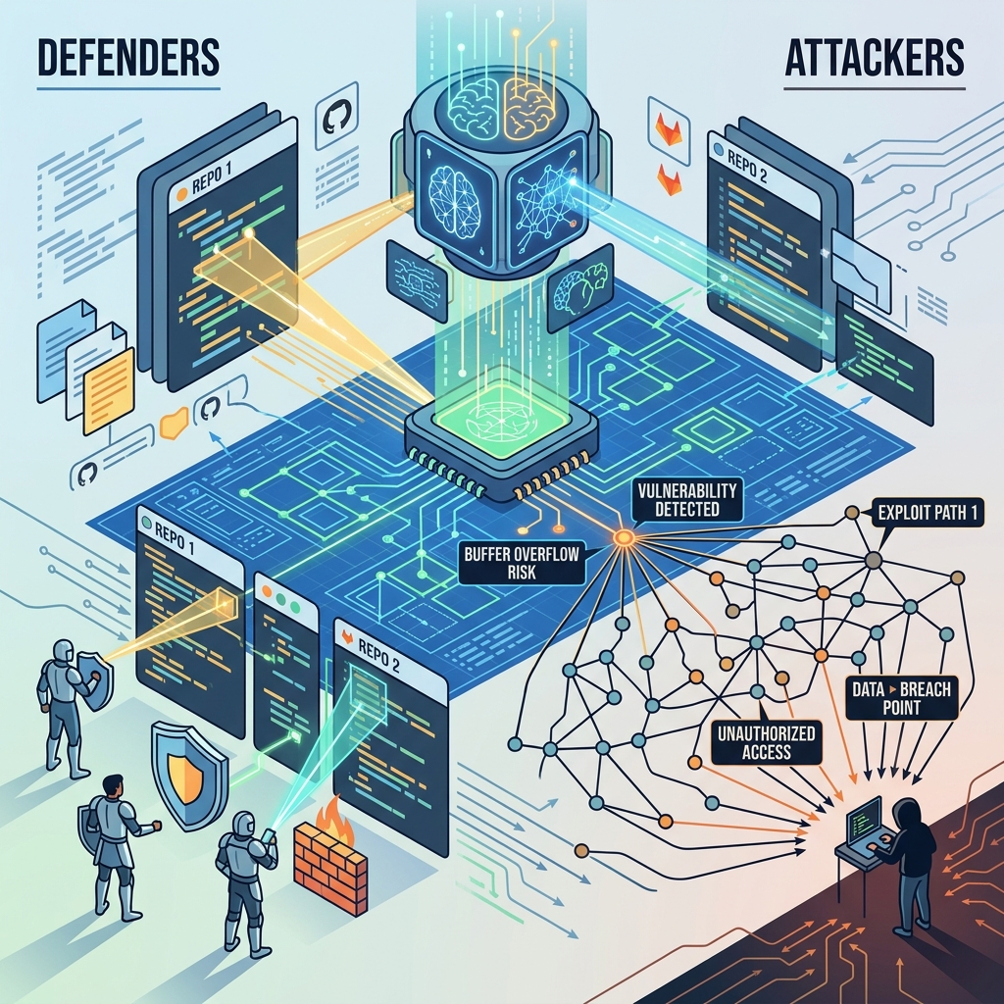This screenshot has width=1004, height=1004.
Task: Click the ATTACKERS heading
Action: [874, 57]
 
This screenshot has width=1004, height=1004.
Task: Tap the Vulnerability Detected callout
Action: [687, 500]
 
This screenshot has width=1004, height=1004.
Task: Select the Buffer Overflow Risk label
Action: [522, 563]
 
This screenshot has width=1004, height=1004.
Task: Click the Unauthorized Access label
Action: [766, 742]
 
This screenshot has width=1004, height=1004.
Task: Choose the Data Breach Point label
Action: [902, 698]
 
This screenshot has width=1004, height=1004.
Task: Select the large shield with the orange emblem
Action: [188, 775]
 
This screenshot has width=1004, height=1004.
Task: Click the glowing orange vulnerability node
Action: [624, 537]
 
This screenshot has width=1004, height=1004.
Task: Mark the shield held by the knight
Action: [99, 680]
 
